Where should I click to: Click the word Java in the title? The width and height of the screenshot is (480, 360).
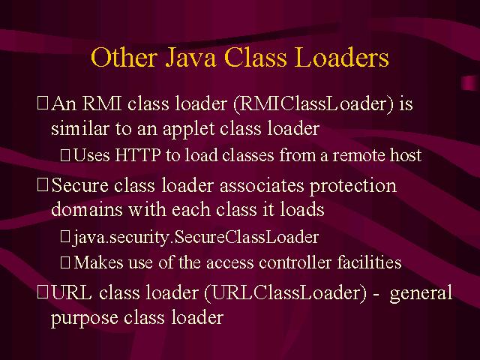click(x=190, y=57)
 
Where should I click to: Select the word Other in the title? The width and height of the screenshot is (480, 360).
click(x=124, y=57)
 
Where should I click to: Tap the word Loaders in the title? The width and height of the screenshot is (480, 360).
click(x=343, y=57)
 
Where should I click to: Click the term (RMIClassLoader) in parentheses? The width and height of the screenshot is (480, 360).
click(x=313, y=104)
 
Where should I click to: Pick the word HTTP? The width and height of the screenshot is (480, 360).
click(x=138, y=155)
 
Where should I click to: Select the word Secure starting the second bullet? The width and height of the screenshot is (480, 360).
click(x=80, y=185)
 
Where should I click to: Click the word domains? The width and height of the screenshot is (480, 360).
click(x=87, y=210)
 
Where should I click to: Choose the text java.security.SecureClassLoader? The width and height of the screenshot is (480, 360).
click(x=196, y=238)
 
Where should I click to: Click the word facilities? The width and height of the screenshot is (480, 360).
click(x=369, y=262)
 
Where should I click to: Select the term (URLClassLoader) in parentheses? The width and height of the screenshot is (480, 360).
click(x=285, y=293)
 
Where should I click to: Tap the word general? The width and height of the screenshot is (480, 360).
click(x=421, y=293)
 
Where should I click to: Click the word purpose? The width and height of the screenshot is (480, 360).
click(x=85, y=318)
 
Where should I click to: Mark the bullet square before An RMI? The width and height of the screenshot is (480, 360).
click(x=43, y=103)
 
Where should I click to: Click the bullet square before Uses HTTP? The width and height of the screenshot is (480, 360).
click(x=65, y=155)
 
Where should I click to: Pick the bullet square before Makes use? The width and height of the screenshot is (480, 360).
click(x=65, y=262)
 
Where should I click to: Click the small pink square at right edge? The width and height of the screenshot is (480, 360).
click(x=469, y=82)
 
